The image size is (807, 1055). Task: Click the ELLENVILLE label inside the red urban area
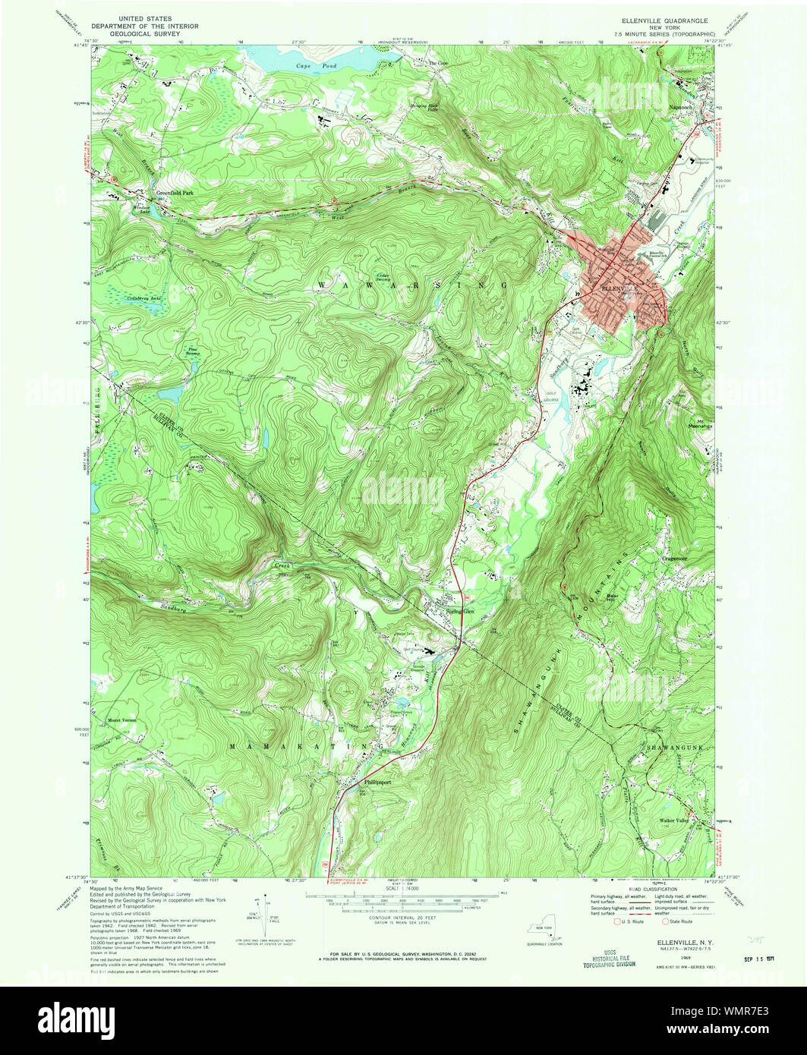tap(616, 288)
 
